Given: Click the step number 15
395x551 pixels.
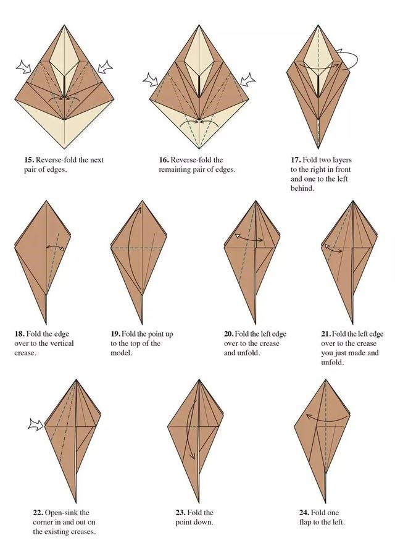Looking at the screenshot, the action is click(29, 160).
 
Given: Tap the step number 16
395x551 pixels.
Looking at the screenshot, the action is click(164, 160).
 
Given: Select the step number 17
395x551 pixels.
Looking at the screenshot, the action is click(295, 160).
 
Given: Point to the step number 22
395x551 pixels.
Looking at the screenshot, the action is click(38, 513).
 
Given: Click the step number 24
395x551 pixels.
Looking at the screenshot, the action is click(304, 513).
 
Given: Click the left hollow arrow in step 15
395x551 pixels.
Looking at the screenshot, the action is click(24, 67).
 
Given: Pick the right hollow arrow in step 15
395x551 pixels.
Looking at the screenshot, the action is click(104, 67).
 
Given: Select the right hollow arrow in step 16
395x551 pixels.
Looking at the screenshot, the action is click(247, 80).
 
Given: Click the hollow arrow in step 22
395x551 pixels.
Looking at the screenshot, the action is click(36, 425).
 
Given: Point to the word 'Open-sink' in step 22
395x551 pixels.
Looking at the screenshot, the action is click(59, 513).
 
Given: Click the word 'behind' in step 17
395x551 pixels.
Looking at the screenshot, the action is click(301, 188).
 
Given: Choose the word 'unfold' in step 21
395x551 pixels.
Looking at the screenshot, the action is click(331, 363).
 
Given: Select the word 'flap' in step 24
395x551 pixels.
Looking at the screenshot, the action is click(305, 523).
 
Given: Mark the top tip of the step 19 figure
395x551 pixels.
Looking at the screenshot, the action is click(142, 201).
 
